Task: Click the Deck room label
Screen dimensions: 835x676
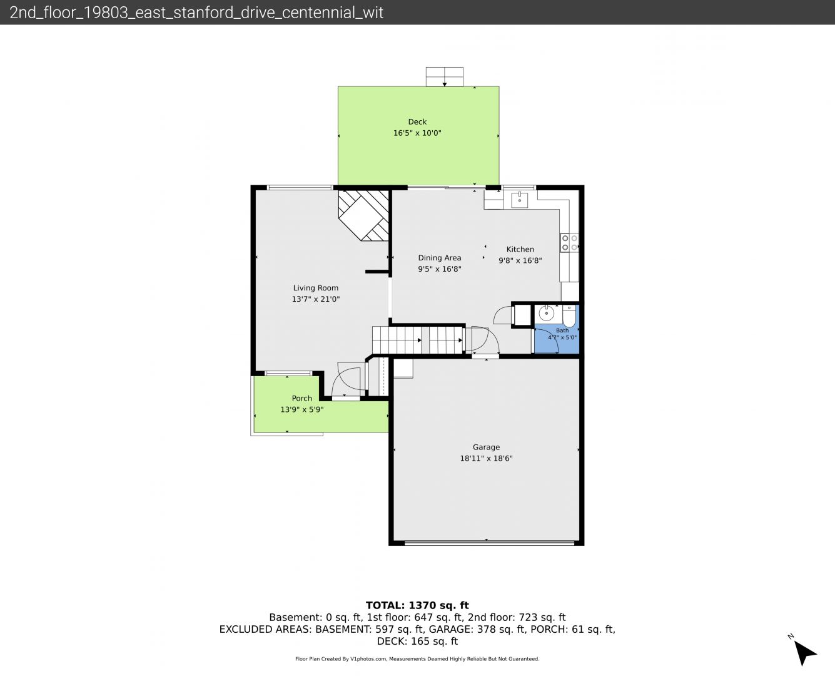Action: click(417, 121)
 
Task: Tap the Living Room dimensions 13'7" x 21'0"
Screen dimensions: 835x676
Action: click(316, 299)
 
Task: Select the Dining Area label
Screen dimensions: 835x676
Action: click(440, 258)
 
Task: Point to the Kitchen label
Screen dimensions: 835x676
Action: click(520, 249)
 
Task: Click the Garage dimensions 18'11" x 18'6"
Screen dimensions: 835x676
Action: click(486, 458)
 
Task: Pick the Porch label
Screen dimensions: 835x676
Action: click(302, 398)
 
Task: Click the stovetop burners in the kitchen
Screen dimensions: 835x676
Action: click(569, 243)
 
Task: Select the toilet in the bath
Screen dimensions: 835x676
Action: click(569, 316)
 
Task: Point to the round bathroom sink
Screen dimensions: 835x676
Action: click(545, 313)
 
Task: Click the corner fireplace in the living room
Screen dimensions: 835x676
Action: click(363, 215)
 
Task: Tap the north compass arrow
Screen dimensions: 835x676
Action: click(805, 653)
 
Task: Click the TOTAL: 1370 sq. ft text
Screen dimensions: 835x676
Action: click(417, 605)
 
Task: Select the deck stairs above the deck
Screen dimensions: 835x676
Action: click(445, 76)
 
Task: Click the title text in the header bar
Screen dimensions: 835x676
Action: click(196, 13)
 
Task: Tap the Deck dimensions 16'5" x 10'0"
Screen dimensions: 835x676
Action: click(417, 133)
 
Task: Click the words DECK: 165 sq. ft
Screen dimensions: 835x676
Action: click(417, 642)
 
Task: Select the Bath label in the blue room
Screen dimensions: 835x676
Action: click(562, 330)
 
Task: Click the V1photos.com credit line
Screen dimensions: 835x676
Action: click(417, 658)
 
